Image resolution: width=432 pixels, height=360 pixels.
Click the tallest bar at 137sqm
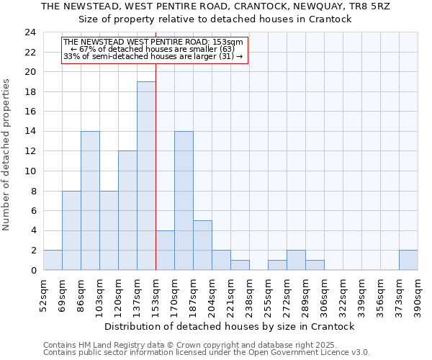(146, 176)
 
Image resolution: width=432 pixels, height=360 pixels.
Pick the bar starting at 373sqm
(408, 260)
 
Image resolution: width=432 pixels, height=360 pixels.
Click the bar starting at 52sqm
(53, 260)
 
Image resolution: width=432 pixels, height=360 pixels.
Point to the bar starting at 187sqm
(202, 245)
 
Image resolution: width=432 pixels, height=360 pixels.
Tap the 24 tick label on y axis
(30, 32)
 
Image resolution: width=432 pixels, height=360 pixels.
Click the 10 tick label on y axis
(30, 171)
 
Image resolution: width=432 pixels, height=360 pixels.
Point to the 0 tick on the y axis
(32, 271)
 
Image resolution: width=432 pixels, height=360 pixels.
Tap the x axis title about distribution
(235, 326)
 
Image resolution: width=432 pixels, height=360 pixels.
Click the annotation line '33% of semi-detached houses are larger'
(153, 56)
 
